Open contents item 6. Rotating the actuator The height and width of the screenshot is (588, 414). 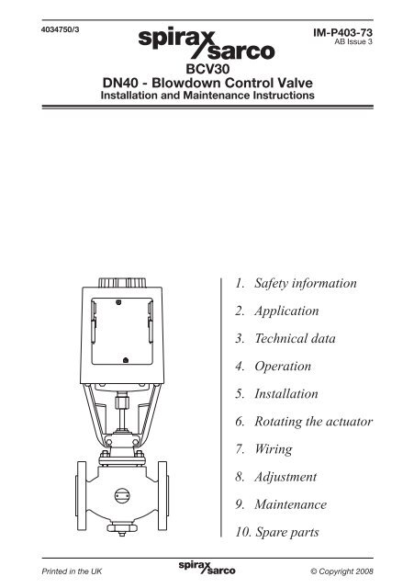pos(304,422)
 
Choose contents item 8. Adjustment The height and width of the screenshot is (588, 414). pos(281,477)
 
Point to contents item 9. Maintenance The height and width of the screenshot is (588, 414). pos(285,504)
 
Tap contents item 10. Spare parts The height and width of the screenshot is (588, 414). pos(285,532)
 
